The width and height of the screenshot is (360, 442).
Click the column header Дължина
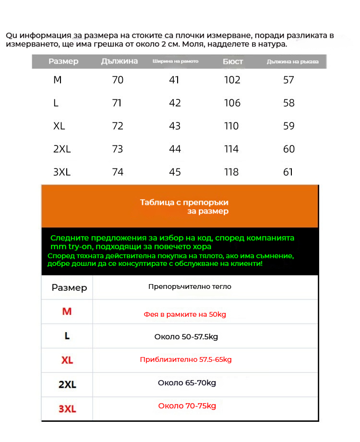point(120,61)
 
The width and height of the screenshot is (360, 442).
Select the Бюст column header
point(233,61)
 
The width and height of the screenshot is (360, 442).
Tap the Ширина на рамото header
point(175,61)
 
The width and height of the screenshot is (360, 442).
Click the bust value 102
point(232,80)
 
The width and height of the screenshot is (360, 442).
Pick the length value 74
point(118,172)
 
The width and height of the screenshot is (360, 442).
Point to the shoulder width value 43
point(175,126)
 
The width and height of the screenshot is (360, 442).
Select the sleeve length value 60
point(289,149)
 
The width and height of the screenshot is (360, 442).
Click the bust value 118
point(231,172)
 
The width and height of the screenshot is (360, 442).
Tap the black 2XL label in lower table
point(67,384)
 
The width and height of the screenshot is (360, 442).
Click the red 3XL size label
point(67,409)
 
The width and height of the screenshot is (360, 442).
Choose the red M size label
point(67,311)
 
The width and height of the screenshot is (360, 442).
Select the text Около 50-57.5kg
point(186,336)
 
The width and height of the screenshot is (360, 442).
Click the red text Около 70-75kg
point(187,406)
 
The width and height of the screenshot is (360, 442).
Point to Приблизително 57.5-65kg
point(186,359)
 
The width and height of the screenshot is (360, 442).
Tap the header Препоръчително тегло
point(190,287)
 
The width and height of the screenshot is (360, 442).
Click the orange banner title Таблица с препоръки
point(184,202)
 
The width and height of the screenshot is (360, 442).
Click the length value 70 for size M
point(118,80)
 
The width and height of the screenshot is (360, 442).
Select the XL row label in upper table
point(60,126)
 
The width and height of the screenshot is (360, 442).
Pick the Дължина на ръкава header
point(292,62)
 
